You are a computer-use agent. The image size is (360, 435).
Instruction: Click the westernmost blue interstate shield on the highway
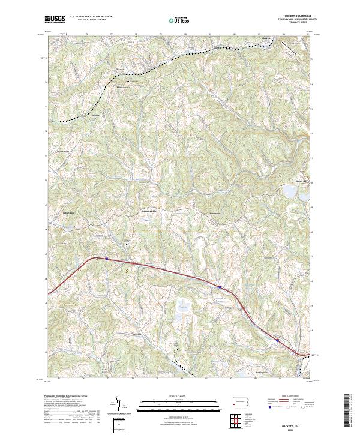(107, 259)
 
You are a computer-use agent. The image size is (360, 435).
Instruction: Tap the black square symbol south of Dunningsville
(126, 244)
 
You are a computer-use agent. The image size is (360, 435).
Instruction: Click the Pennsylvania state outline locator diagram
(239, 400)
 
